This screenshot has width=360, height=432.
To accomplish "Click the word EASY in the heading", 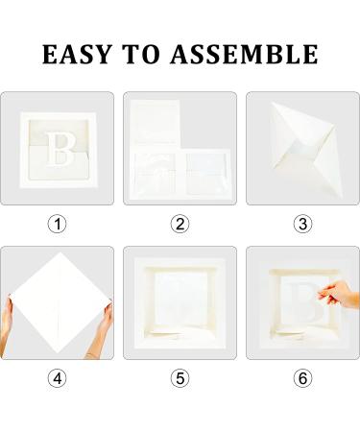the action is [x=77, y=55].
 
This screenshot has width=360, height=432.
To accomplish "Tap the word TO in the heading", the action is [x=141, y=55].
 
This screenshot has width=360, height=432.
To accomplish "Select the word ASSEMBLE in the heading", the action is [x=244, y=55].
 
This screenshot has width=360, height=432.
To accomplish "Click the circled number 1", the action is [x=57, y=224].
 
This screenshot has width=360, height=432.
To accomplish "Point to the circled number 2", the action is [x=180, y=224].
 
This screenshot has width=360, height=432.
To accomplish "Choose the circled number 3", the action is [x=302, y=224].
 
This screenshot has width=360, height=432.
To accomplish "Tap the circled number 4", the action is [x=57, y=378].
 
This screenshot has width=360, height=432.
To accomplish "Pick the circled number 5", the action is [x=180, y=378].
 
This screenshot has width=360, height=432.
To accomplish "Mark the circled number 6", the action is [x=302, y=378].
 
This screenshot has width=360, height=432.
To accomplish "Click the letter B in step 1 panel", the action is [x=60, y=150].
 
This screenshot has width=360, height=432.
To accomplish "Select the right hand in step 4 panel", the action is [x=101, y=329].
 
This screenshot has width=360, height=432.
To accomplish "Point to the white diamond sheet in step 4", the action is [x=60, y=302].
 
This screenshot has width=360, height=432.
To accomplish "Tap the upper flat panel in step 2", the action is [x=156, y=122].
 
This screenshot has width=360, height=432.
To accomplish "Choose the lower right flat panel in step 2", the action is [x=207, y=174].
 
